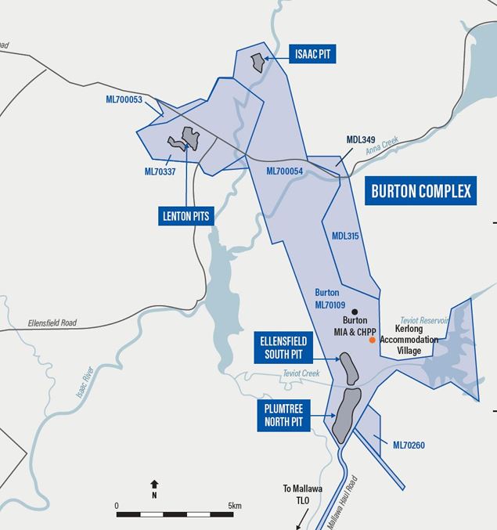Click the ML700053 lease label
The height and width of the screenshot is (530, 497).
point(124,99)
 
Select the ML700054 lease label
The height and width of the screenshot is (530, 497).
point(285,171)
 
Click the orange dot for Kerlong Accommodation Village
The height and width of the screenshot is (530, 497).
point(372,341)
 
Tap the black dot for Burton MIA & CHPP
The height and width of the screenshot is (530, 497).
point(355,310)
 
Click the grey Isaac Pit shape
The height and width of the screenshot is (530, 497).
point(256,62)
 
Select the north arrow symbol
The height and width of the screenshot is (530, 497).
point(154,485)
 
